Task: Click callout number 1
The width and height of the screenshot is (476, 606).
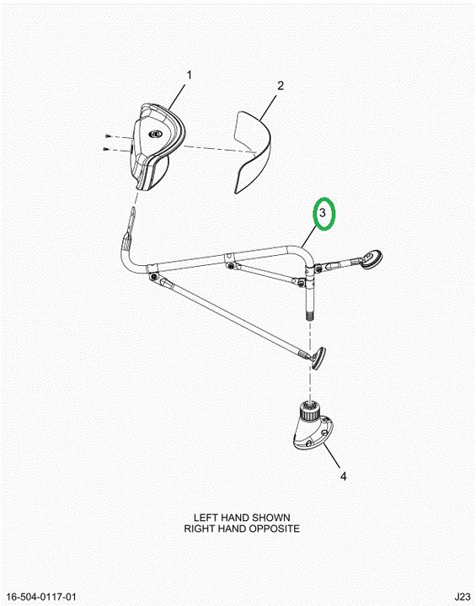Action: (x=189, y=75)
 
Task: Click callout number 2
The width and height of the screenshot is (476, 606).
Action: (x=281, y=85)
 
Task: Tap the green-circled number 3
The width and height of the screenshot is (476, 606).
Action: (x=322, y=213)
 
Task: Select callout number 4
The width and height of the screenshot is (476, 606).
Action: (x=343, y=476)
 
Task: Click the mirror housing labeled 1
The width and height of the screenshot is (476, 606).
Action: (x=155, y=146)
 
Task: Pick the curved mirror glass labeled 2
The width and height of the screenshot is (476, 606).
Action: (x=253, y=151)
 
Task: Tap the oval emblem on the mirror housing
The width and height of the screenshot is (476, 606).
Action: (x=156, y=134)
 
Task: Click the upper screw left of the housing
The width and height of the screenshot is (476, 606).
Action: (x=108, y=136)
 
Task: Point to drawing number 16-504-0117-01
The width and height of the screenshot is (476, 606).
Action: (x=41, y=597)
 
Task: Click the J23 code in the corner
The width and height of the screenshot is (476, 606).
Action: (x=463, y=597)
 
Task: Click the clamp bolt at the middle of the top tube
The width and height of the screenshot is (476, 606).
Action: (x=231, y=265)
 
